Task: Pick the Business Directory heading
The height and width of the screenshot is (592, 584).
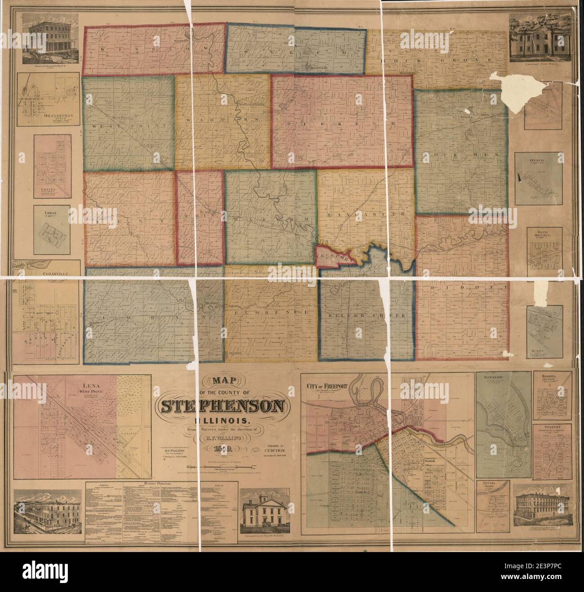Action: [140, 484]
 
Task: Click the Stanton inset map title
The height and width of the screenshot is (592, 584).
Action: [552, 429]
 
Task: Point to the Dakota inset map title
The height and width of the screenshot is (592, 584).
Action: [552, 379]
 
